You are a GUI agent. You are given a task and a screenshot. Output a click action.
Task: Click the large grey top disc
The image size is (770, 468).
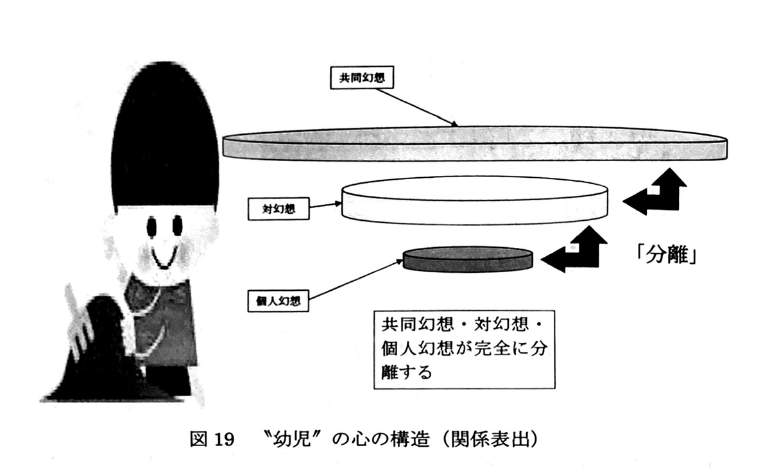[x=475, y=144]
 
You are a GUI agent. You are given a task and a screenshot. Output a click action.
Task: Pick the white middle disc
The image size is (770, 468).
[x=475, y=200]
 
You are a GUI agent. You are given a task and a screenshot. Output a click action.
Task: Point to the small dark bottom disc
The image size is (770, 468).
[x=468, y=259]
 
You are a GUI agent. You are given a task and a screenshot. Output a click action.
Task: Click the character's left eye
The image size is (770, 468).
[x=151, y=226]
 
